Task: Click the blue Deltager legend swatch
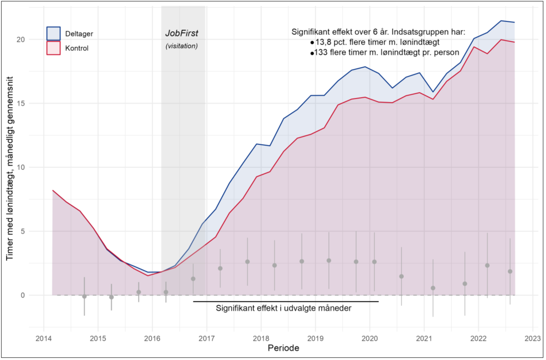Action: click(x=54, y=33)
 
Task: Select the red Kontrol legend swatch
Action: click(x=54, y=48)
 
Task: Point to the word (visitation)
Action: click(x=182, y=46)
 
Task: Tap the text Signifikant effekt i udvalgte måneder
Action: click(x=283, y=308)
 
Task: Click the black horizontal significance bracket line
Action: click(x=286, y=301)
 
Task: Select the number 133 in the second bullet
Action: click(x=322, y=53)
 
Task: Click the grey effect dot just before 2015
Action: click(x=84, y=296)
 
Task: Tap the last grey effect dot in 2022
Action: click(x=510, y=271)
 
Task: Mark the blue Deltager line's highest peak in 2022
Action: click(x=501, y=21)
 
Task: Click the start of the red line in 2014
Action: click(x=53, y=191)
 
